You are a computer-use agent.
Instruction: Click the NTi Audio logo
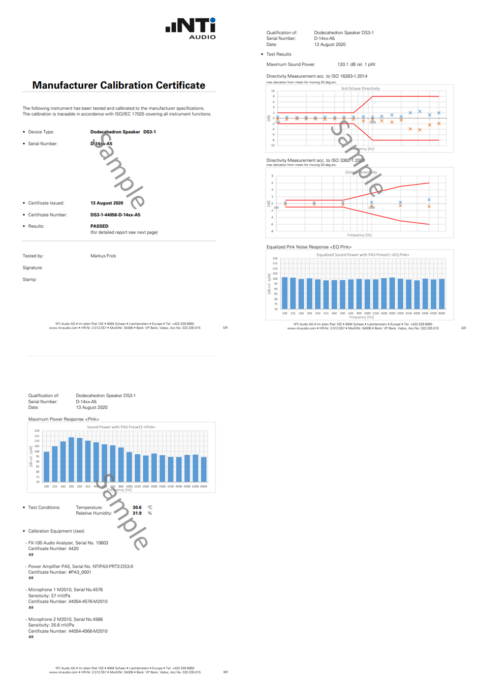190,28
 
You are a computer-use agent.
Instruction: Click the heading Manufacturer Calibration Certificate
118,85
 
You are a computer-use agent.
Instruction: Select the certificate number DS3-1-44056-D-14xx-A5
115,215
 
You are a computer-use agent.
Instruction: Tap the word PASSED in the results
99,226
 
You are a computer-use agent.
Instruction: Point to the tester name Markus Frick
103,256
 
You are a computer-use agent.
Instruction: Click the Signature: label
33,267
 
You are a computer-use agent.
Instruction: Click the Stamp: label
29,279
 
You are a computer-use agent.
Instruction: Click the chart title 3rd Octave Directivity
360,88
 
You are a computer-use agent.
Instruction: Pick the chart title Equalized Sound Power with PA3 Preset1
363,255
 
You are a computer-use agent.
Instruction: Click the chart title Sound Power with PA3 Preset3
121,427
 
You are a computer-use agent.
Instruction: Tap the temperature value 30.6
137,508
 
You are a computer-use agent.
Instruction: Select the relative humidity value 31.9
137,513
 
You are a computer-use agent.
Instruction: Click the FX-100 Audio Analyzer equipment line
68,543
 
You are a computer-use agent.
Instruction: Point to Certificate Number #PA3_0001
59,572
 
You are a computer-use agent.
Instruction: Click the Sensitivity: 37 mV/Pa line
49,596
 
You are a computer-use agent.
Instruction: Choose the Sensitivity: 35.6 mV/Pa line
51,625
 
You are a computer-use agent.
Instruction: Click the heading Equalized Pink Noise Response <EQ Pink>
309,247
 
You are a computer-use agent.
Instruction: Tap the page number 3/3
226,672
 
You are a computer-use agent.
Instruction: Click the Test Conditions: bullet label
44,508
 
